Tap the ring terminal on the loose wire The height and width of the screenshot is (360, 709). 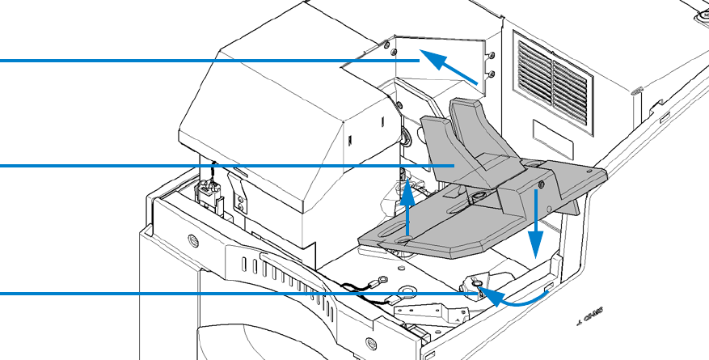[x=377, y=282]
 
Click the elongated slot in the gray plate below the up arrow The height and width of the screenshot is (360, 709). [x=407, y=239]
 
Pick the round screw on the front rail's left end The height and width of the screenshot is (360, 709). [x=192, y=239]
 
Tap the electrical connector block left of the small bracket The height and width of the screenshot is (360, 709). [x=213, y=194]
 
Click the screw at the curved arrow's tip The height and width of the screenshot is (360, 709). [x=479, y=282]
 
